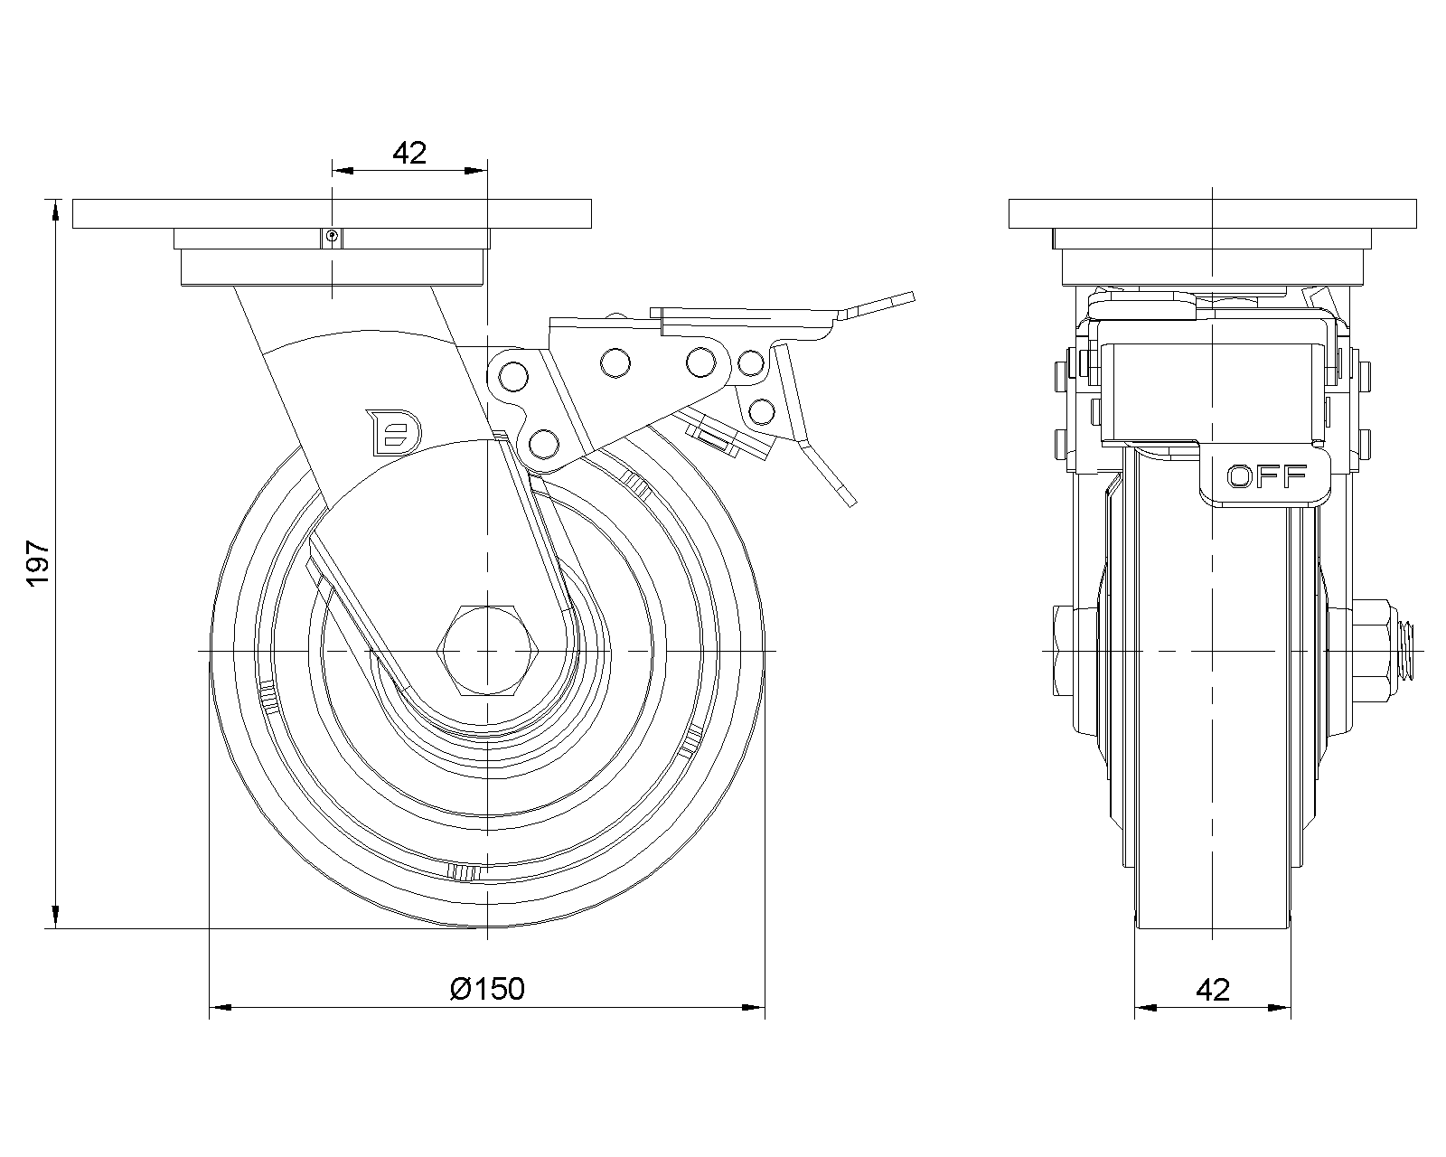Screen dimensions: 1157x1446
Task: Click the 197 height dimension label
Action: point(38,564)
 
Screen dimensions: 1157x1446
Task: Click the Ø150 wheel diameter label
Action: point(487,989)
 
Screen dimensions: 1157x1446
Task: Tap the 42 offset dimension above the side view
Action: point(408,153)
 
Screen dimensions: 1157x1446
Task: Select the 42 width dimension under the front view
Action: point(1213,990)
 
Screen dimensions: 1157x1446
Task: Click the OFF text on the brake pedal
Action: point(1266,475)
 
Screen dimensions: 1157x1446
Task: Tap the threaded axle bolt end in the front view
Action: point(1408,650)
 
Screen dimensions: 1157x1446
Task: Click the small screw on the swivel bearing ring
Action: point(333,237)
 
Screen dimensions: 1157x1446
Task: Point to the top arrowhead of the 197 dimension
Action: point(56,210)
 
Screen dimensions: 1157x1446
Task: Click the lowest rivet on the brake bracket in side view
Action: point(542,443)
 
